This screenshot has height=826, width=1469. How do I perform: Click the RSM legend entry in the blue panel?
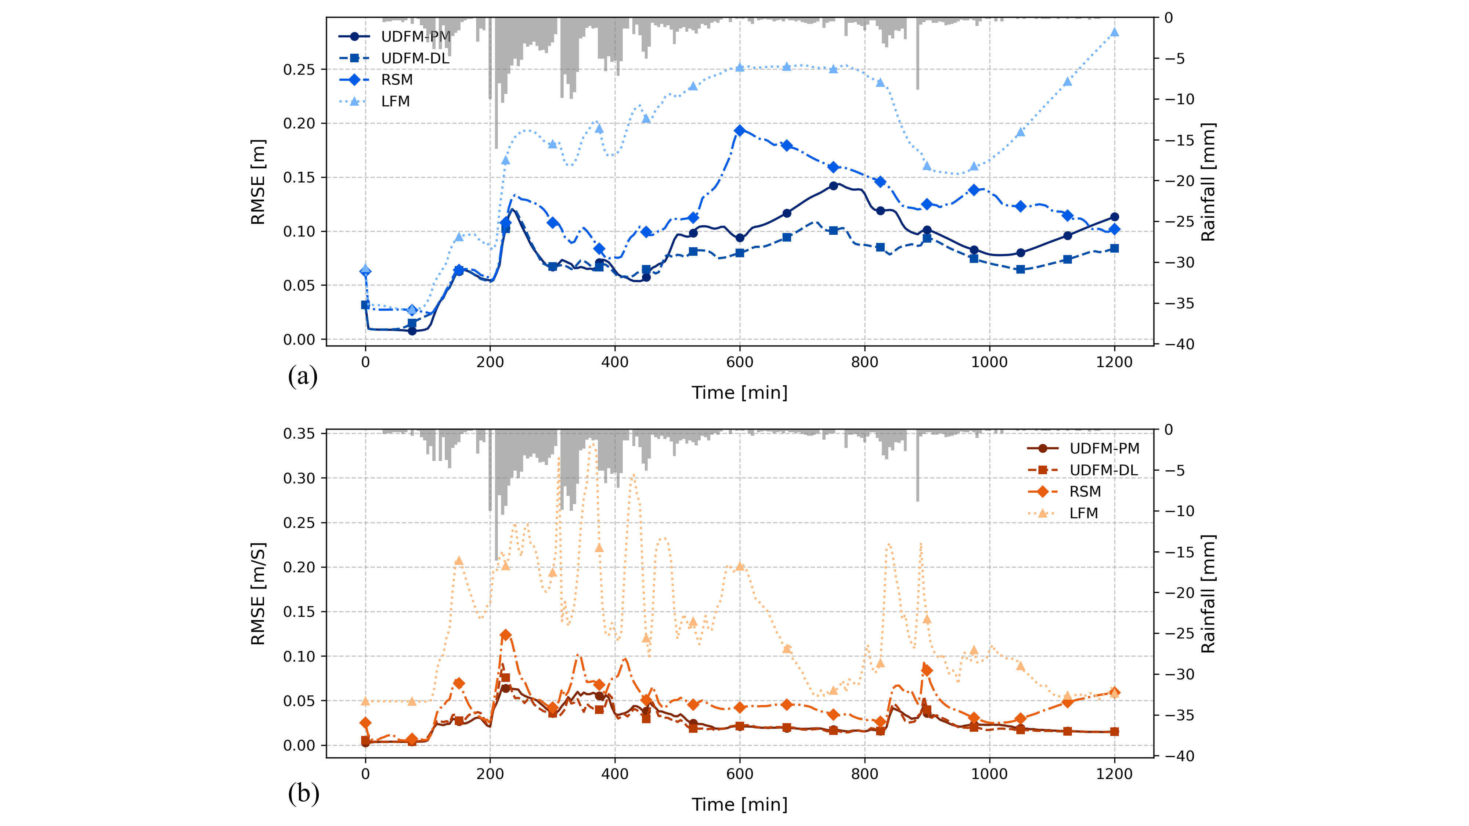[x=396, y=80]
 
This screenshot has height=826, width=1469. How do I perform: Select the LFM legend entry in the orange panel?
[x=1083, y=513]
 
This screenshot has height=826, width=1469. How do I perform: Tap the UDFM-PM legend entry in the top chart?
[x=415, y=36]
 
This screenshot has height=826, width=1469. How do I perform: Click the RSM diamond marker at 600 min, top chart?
[x=740, y=131]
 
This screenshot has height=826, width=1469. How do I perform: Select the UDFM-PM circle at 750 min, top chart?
[x=833, y=185]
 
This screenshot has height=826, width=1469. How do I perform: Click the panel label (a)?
[x=303, y=376]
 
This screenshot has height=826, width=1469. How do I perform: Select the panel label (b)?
[x=303, y=793]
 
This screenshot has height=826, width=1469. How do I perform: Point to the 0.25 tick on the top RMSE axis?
[x=299, y=69]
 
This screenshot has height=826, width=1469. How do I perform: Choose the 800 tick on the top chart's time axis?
[x=865, y=362]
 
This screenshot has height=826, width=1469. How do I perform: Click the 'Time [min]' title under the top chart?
[x=740, y=393]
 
